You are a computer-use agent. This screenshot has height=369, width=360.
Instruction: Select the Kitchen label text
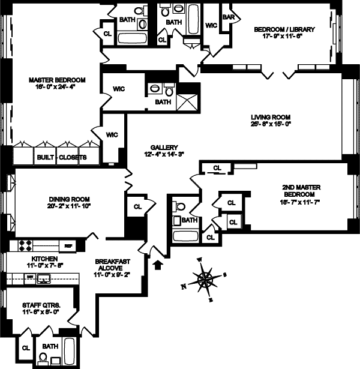(x=26, y=257)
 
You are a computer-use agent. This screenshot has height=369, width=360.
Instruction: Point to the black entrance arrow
(x=158, y=263)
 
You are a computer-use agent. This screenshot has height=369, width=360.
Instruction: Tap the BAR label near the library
(x=228, y=17)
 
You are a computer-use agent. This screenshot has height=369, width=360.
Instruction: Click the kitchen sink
(x=44, y=278)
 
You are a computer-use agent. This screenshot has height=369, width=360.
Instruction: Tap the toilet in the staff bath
(x=43, y=356)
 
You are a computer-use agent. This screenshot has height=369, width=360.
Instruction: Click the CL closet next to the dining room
(x=137, y=206)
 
